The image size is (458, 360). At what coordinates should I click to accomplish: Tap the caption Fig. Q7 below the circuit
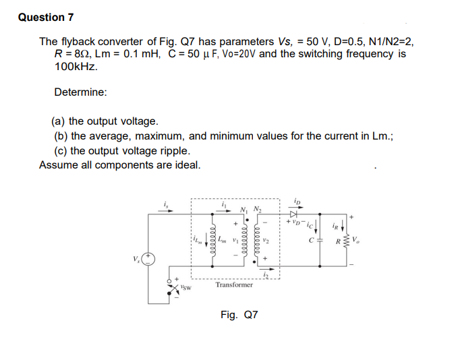pos(239,314)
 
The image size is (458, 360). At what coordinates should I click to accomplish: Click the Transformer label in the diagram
pos(234,285)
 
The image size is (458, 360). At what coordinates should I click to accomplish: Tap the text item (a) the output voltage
pos(105,121)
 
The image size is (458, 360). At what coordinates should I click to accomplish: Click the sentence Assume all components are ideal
pos(119,164)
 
